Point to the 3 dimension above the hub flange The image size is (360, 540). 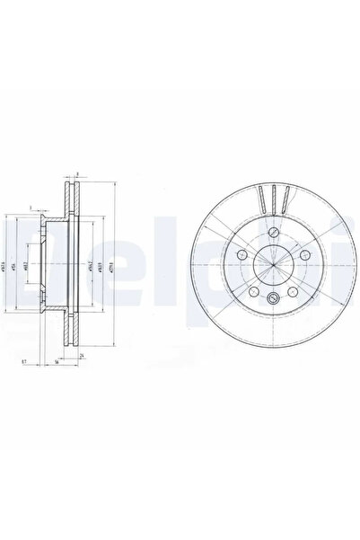click(30, 207)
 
